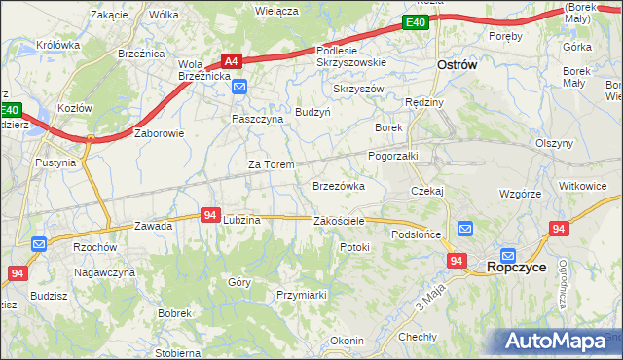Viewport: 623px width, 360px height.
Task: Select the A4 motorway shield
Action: [231, 59]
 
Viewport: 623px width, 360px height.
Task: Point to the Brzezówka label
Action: [338, 185]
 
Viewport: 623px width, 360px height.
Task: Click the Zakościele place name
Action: [339, 221]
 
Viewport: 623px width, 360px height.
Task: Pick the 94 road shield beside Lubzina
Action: [210, 215]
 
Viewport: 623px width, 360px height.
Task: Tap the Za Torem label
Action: [271, 164]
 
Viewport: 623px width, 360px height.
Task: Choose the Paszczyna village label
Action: [257, 118]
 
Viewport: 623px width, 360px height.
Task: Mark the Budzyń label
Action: [313, 112]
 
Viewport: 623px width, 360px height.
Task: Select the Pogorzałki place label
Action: [392, 155]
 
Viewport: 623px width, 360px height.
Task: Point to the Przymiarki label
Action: [300, 294]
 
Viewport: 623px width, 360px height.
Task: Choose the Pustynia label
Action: [55, 162]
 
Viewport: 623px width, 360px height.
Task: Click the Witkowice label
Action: [582, 185]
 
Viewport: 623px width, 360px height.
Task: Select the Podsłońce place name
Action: [417, 234]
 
